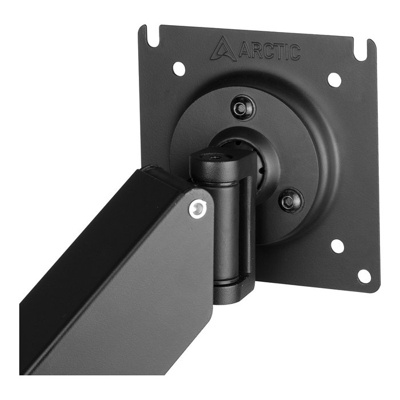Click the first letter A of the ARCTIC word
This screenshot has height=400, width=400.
242,50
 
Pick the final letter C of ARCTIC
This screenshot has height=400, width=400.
294,53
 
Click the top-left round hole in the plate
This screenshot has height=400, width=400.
179,69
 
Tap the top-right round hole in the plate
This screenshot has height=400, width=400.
335,79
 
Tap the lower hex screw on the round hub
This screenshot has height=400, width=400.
291,199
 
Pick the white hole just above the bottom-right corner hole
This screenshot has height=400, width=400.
338,246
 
